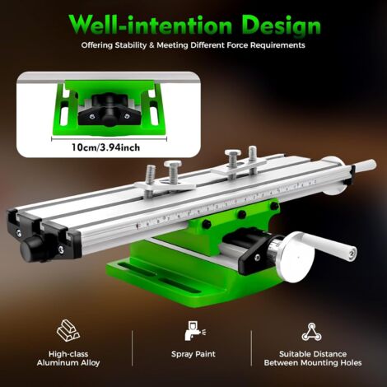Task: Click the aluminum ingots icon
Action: click(68, 331)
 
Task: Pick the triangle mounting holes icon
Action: click(311, 332)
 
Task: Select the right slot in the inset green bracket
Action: click(150, 106)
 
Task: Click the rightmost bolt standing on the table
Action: click(252, 155)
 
